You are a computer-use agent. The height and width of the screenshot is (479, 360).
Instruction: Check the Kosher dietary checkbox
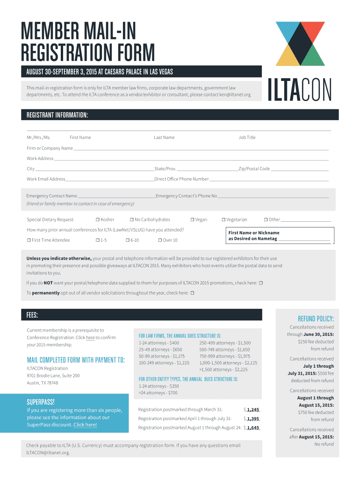tap(97, 220)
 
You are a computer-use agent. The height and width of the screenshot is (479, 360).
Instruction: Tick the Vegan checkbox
tap(192, 220)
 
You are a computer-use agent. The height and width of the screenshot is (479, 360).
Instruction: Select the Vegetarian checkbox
tap(223, 220)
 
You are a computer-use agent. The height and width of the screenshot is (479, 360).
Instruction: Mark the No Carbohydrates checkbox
tap(131, 220)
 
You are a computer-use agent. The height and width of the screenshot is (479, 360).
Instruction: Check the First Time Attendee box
tap(29, 240)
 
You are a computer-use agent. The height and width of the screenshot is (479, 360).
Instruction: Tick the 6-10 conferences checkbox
tap(127, 240)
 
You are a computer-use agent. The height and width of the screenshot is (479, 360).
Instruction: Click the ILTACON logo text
tap(299, 89)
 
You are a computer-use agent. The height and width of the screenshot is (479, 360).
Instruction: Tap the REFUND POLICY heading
tap(313, 319)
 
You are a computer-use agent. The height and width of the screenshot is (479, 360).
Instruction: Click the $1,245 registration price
tap(253, 409)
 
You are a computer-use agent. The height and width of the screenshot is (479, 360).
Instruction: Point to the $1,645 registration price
tap(253, 428)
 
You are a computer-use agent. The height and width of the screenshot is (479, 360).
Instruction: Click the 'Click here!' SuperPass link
tap(85, 425)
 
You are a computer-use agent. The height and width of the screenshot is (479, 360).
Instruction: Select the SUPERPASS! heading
tap(41, 402)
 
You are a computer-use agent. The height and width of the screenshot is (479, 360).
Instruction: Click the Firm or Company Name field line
tap(201, 149)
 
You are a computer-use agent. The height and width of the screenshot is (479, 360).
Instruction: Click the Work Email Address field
tap(110, 180)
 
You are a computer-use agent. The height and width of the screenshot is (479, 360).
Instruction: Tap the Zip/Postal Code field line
tap(299, 169)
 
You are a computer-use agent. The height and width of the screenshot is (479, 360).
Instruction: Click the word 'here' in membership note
tap(90, 338)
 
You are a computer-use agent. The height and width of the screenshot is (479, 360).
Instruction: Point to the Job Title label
tap(247, 138)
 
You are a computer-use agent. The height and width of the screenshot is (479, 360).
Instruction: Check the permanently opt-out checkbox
tap(192, 293)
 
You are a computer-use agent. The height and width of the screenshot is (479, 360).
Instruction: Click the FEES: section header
tap(33, 315)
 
